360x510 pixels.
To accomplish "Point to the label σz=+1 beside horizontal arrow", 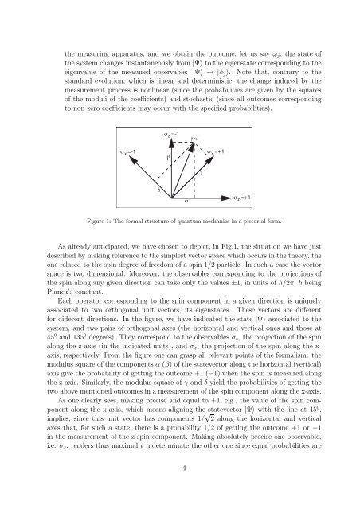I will click(242, 197).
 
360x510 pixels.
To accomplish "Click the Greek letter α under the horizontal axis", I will click(186, 201).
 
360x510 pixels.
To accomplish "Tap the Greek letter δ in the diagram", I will click(159, 190).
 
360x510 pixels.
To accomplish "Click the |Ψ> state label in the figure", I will click(195, 138).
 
